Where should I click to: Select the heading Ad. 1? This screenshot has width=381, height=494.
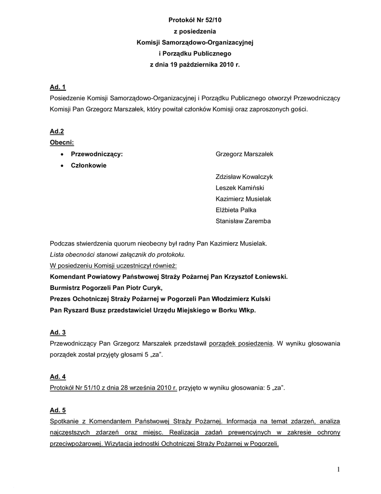point(58,87)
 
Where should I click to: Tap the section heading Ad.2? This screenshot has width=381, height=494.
point(57,132)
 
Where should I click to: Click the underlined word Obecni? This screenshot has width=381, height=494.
point(62,143)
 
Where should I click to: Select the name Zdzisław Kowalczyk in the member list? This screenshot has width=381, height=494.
point(244,177)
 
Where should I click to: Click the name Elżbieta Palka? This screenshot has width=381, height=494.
point(236,210)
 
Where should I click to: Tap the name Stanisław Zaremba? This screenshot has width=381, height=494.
point(243,221)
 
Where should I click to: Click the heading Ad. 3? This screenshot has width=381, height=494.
point(58,332)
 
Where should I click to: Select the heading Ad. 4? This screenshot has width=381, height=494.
point(58,377)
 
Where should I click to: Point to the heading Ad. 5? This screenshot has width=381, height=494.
point(58,411)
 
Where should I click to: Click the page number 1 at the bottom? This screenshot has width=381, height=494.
point(339,469)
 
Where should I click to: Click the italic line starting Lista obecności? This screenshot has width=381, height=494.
point(117,254)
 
